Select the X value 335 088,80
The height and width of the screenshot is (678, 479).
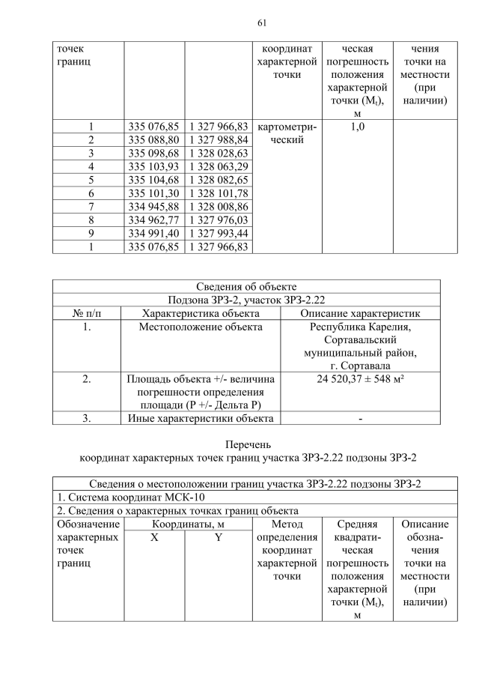[153, 140]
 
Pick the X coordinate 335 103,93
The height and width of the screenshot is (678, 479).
[153, 166]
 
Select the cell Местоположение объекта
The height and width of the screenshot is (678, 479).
[201, 327]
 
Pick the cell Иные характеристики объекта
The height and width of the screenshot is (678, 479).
[201, 418]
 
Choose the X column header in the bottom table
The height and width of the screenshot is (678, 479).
[153, 538]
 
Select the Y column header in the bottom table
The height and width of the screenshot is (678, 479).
[217, 538]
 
